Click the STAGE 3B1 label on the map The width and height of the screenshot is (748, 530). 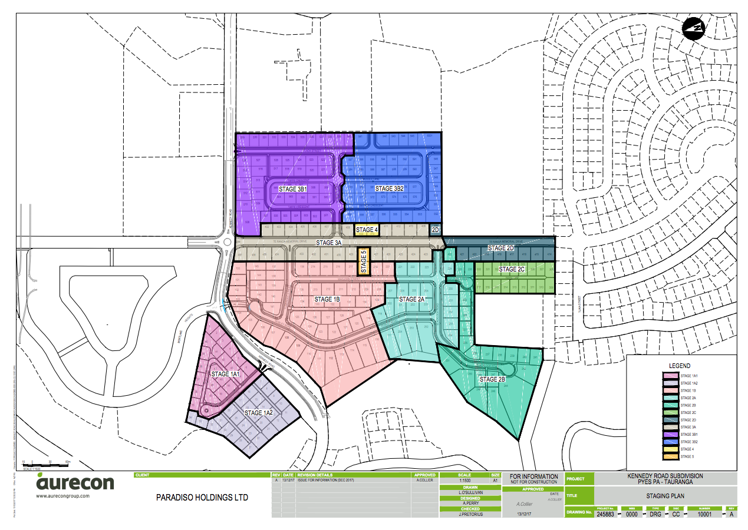click(294, 189)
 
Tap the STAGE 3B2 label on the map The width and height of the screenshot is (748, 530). click(390, 188)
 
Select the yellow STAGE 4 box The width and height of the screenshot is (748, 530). click(366, 230)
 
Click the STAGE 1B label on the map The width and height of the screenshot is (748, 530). click(327, 300)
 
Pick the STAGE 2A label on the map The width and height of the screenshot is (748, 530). click(411, 300)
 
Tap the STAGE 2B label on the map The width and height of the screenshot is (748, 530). click(492, 380)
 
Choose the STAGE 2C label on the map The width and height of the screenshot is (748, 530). click(512, 269)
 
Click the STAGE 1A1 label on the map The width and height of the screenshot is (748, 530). click(226, 374)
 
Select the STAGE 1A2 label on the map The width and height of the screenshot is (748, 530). click(258, 413)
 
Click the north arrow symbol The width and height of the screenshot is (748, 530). click(694, 28)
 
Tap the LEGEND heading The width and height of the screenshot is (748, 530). click(680, 366)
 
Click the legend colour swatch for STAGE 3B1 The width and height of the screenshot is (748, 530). click(670, 434)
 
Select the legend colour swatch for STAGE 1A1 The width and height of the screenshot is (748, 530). click(670, 376)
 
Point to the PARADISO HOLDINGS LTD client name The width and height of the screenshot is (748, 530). click(202, 498)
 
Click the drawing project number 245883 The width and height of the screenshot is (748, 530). click(605, 514)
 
